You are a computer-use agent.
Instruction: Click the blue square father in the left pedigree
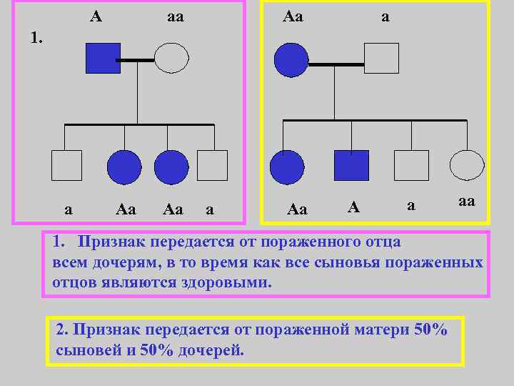(103, 57)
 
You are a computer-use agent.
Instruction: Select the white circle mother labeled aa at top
(171, 57)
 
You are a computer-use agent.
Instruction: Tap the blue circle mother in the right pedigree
(291, 57)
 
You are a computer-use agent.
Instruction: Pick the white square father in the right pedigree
(381, 57)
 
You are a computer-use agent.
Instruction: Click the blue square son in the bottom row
(352, 165)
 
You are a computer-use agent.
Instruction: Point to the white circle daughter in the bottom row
(467, 165)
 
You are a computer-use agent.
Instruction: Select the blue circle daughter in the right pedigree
(287, 167)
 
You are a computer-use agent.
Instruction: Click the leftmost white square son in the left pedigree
(66, 165)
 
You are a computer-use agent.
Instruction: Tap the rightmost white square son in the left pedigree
(212, 165)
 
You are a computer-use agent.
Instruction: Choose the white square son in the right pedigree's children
(413, 165)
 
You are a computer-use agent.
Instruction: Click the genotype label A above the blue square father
(96, 14)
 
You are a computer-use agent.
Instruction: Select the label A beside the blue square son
(353, 207)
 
